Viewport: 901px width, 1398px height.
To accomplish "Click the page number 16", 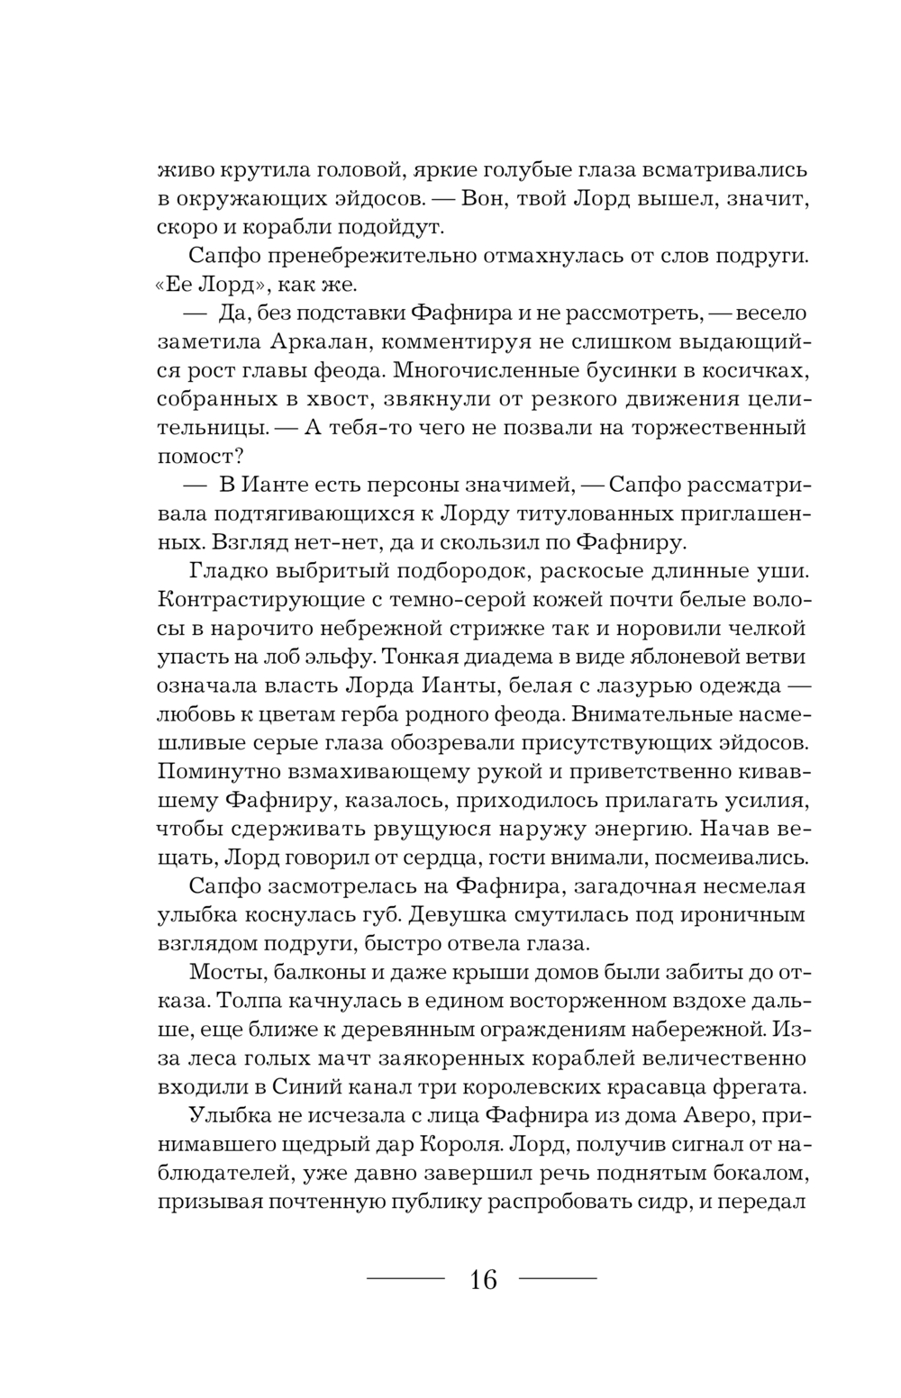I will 483,1278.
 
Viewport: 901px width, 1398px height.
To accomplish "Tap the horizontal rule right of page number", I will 559,1278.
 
